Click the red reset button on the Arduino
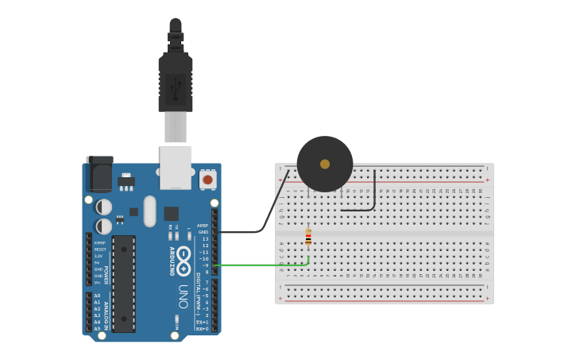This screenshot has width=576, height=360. [207, 180]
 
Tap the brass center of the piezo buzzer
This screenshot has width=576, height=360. [325, 164]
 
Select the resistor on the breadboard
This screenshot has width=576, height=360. [308, 237]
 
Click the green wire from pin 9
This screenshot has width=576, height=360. [262, 265]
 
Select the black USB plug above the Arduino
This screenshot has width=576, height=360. [175, 79]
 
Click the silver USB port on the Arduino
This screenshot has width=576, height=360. [176, 167]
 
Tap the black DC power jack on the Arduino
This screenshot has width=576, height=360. [99, 176]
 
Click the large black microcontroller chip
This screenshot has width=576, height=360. [123, 283]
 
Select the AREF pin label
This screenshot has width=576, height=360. [203, 225]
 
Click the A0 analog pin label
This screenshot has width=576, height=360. [98, 296]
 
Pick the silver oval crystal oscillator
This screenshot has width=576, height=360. [149, 211]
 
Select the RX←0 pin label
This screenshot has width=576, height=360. [203, 328]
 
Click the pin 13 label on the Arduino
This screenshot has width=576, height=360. [205, 238]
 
